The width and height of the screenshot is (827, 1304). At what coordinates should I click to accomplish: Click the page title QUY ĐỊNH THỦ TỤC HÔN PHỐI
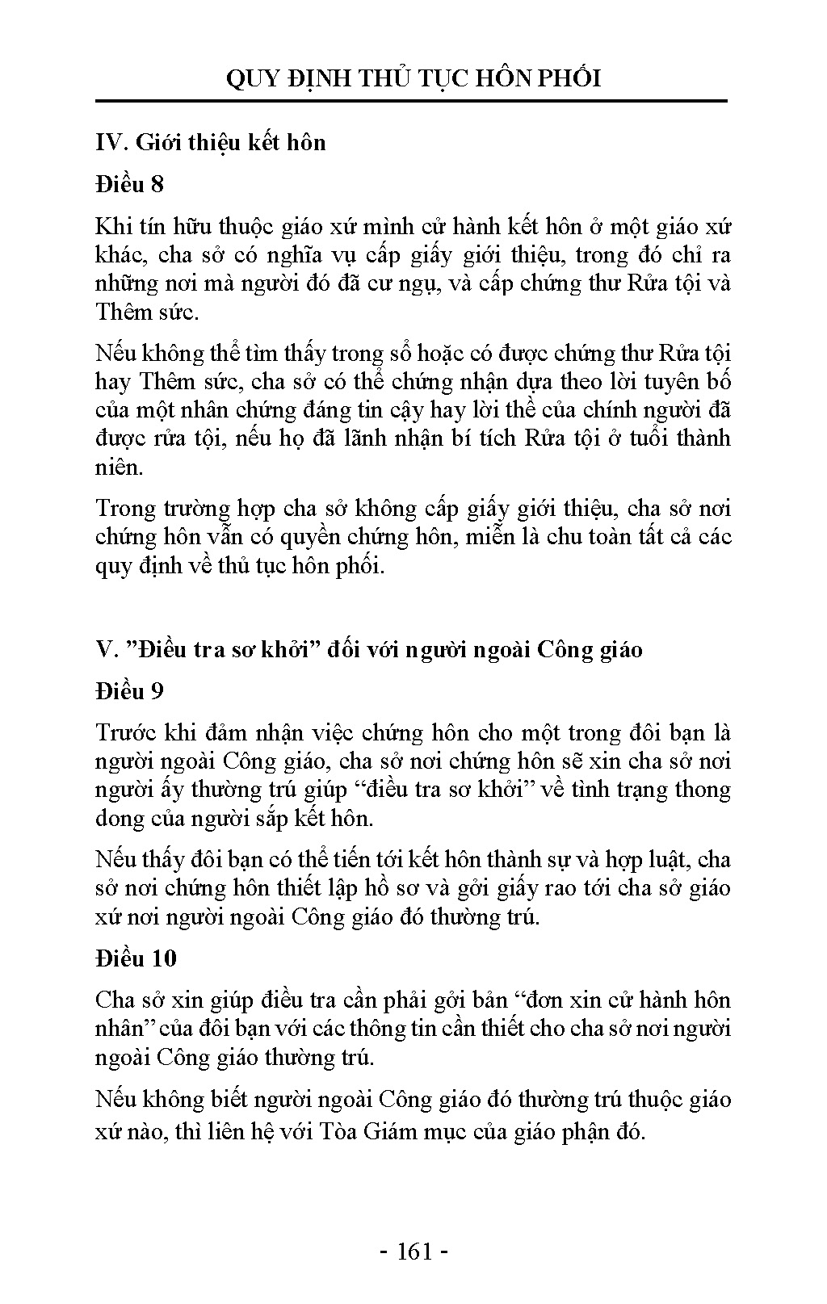(x=413, y=78)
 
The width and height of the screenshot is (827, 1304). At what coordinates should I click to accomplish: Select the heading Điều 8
(x=129, y=184)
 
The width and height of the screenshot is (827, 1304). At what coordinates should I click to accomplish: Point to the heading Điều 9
(x=129, y=691)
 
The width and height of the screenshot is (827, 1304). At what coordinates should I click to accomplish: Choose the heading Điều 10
(x=136, y=958)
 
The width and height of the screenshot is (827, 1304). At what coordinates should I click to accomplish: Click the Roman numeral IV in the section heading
(x=108, y=143)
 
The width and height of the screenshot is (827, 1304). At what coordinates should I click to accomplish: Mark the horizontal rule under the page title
(x=413, y=102)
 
